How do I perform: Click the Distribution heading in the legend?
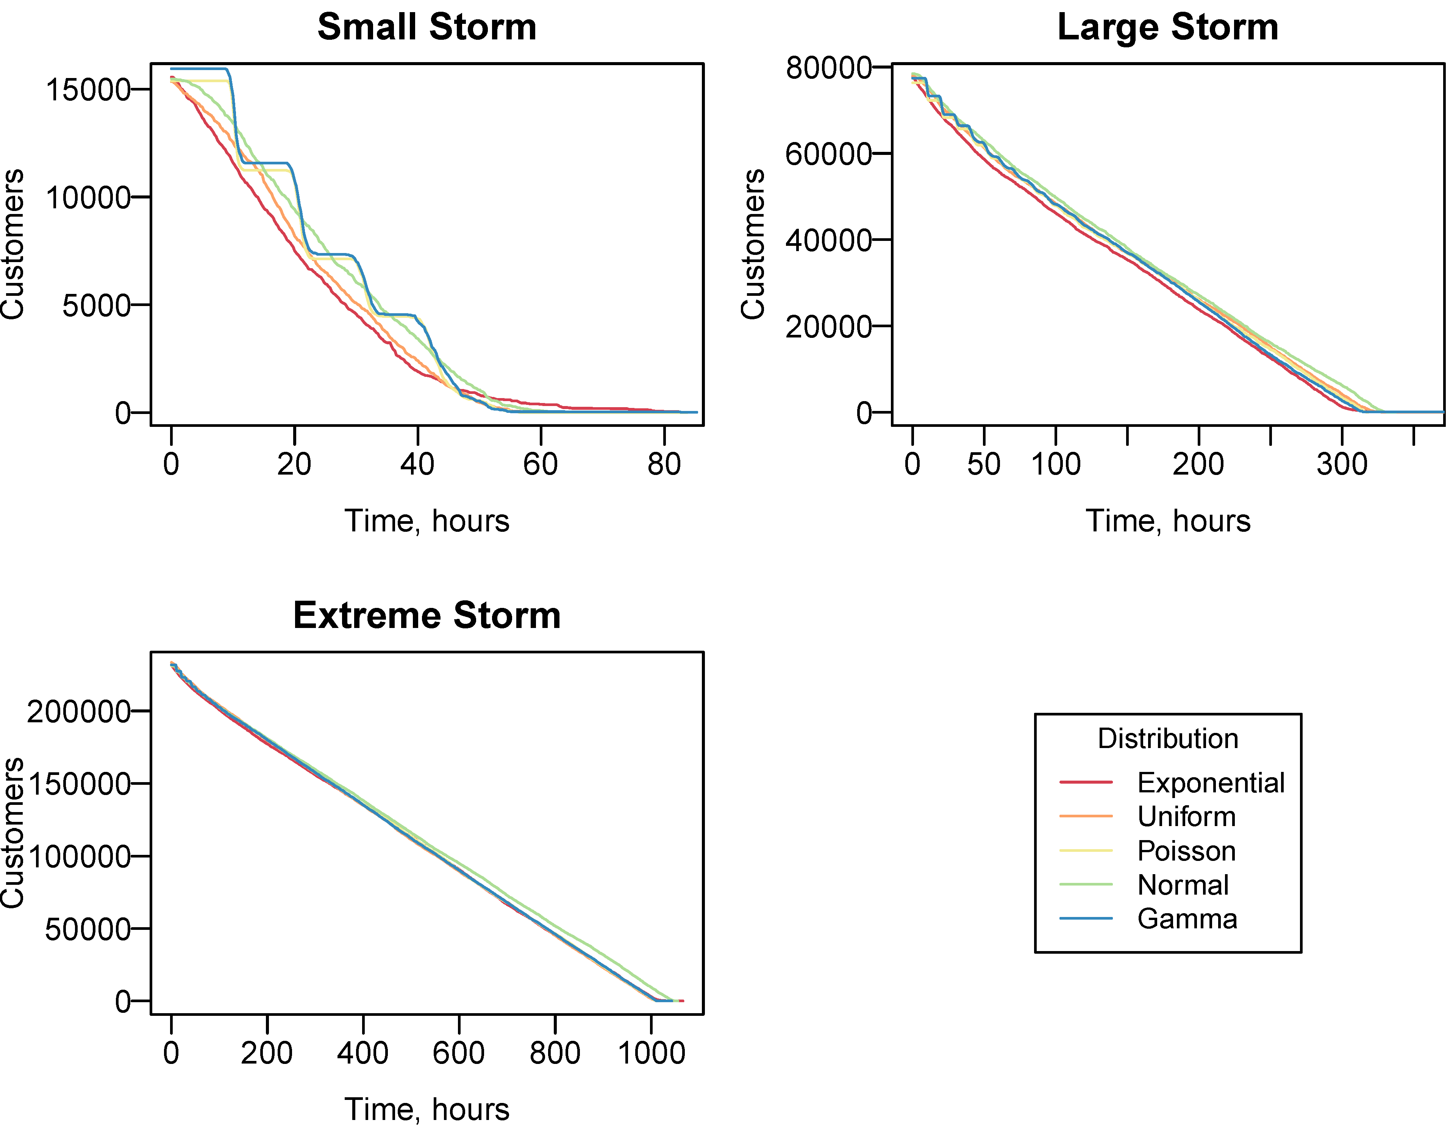[x=1167, y=739]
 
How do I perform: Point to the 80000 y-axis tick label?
[x=828, y=68]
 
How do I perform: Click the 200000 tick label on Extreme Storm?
[x=78, y=712]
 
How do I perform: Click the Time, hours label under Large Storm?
[x=1167, y=521]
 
